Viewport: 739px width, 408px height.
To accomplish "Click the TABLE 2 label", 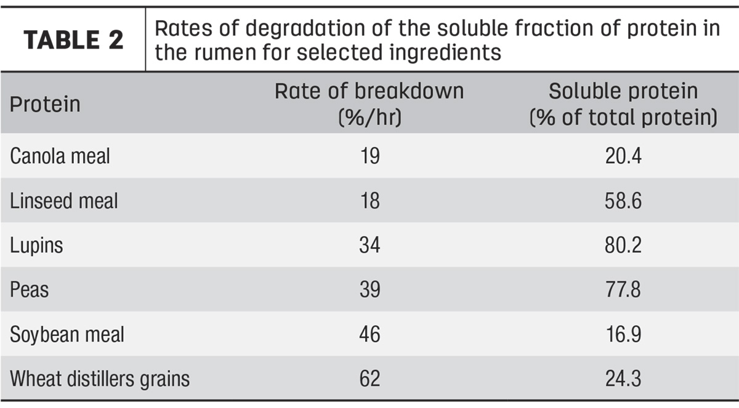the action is tap(73, 40).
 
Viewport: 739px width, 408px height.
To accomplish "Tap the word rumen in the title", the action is tap(225, 52).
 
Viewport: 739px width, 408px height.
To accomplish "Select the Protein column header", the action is tap(45, 105).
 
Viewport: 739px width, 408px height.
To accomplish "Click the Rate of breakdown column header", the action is tap(369, 104).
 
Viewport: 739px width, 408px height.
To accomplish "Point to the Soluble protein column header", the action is tap(623, 104).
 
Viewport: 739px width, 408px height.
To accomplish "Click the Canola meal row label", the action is tap(60, 156).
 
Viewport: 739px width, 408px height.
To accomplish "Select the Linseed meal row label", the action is tap(63, 201).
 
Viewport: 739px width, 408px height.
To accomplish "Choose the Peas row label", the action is tap(30, 290).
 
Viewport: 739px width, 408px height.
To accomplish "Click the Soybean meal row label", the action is tap(67, 335).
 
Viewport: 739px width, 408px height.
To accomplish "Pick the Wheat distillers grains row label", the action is tap(100, 378).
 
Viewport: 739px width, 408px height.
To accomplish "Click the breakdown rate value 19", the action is tap(370, 156).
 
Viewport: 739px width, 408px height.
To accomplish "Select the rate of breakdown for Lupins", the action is tap(370, 245).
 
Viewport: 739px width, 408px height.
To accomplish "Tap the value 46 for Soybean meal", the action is tap(370, 334).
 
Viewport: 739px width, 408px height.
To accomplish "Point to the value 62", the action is tap(370, 378).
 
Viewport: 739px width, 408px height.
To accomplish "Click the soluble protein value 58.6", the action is tap(623, 201).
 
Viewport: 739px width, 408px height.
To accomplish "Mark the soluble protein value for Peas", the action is tap(623, 290).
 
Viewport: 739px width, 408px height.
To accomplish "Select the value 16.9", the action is tap(623, 334).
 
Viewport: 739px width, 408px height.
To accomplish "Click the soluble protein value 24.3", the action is tap(623, 378).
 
